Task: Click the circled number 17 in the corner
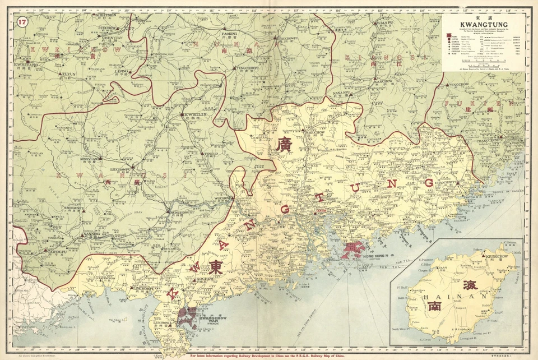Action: pyautogui.click(x=22, y=22)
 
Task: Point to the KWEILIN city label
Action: pyautogui.click(x=190, y=114)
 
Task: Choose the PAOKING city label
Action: pyautogui.click(x=230, y=34)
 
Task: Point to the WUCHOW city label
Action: pyautogui.click(x=222, y=199)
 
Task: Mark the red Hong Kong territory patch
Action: pyautogui.click(x=352, y=248)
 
